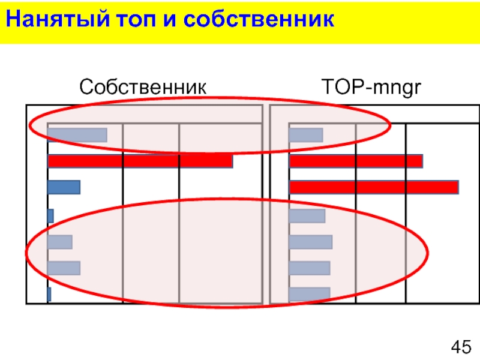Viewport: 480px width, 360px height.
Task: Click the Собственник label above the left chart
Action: coord(143,88)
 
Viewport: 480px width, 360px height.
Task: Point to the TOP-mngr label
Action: coord(373,88)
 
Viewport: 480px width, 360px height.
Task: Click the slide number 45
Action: coord(461,346)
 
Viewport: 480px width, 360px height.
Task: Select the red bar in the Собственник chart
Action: coord(140,161)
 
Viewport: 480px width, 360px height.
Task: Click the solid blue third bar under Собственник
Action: coord(64,187)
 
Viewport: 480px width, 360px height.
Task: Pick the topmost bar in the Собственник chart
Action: coord(77,135)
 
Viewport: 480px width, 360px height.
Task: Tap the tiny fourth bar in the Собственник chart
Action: coord(50,215)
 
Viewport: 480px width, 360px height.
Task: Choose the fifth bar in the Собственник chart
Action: coord(60,242)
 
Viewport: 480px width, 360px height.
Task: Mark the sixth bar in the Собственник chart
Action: coord(64,268)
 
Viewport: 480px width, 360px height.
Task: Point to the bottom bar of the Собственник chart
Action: coord(49,294)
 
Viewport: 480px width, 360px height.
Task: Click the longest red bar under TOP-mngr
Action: coord(374,187)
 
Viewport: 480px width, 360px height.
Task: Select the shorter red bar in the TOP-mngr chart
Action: coord(356,161)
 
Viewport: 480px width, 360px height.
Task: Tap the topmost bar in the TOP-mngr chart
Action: coord(306,135)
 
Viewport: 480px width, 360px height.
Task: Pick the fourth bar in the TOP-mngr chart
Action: coord(307,215)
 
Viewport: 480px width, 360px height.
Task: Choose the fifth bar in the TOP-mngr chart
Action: coord(311,242)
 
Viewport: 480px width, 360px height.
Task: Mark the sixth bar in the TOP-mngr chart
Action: coord(310,268)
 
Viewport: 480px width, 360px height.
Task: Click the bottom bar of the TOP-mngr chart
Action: coord(310,294)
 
